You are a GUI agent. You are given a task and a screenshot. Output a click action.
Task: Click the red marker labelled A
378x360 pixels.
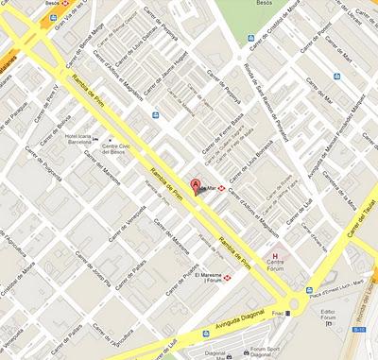click(x=196, y=185)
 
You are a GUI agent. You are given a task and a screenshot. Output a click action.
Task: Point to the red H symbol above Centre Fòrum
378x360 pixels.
click(x=275, y=256)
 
